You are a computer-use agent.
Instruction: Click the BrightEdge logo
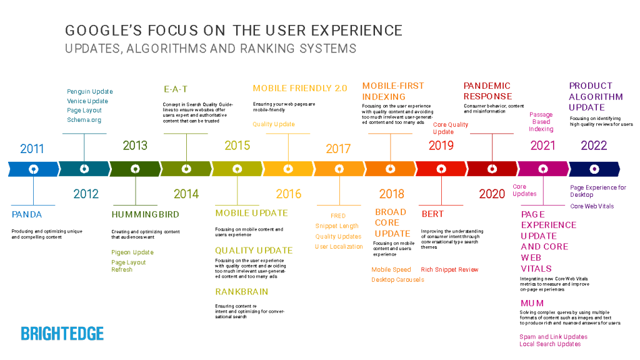coord(62,334)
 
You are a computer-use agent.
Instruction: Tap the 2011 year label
coord(32,149)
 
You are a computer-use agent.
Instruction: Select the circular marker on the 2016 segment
coord(288,169)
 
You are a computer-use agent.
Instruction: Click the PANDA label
coord(27,214)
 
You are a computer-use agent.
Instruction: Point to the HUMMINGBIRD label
coord(145,214)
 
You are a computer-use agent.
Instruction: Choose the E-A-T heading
coord(176,89)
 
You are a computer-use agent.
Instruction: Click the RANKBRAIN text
coord(241,292)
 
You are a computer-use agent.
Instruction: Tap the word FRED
coord(338,216)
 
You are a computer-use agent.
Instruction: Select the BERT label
coord(432,214)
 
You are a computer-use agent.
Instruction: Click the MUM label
coord(532,303)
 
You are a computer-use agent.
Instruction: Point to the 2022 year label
coord(594,146)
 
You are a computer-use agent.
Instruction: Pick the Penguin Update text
coord(90,92)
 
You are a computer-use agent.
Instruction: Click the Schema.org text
coord(84,120)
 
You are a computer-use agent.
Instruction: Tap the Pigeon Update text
coord(132,252)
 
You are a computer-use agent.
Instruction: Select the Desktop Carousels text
coord(397,279)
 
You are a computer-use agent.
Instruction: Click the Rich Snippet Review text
coord(449,269)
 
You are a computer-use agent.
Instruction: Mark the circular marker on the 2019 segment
coord(441,169)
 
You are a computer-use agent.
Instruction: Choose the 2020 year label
coord(492,194)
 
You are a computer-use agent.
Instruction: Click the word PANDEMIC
coord(487,86)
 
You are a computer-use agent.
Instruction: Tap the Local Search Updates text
coord(549,344)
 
